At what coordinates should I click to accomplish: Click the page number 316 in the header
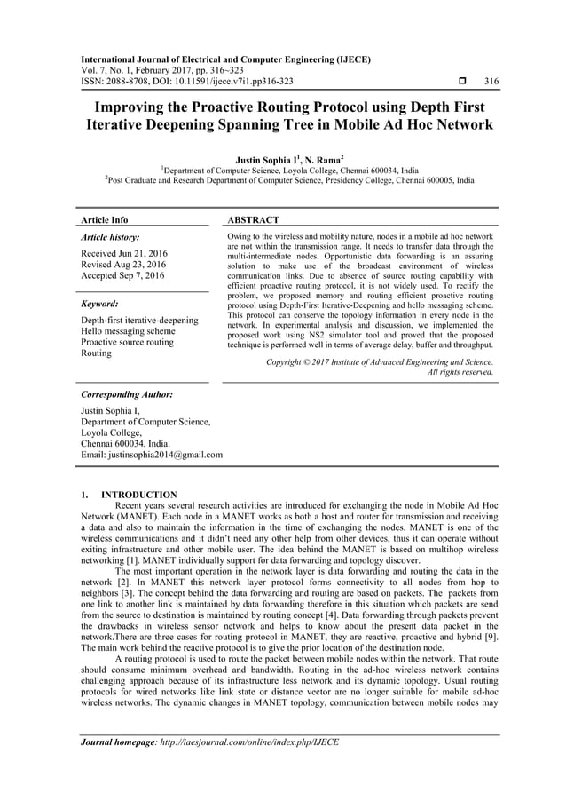491,82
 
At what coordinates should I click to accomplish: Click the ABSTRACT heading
255,219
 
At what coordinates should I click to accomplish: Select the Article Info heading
104,219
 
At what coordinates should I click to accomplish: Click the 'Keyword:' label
99,302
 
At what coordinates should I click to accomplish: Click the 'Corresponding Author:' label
126,393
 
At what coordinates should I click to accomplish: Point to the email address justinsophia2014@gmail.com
152,455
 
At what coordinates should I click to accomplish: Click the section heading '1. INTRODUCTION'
128,495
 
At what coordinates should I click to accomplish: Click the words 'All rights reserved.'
460,373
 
